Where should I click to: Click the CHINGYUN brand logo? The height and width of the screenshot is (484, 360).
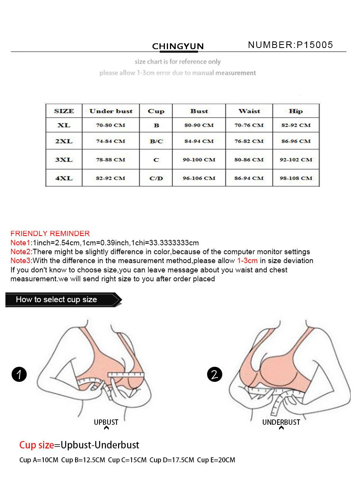[x=178, y=46]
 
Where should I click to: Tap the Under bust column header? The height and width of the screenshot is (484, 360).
[x=111, y=111]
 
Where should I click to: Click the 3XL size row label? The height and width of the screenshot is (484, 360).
[x=64, y=159]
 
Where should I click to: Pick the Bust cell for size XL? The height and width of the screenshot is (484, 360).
[x=199, y=125]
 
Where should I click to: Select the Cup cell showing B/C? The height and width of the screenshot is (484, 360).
[x=156, y=141]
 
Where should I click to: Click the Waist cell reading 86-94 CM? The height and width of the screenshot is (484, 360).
[x=249, y=178]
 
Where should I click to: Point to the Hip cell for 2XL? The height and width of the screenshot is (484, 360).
[x=296, y=141]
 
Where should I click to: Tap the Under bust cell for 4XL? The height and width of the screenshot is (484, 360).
[x=111, y=178]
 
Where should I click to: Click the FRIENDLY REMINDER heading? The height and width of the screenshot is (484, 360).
[x=50, y=234]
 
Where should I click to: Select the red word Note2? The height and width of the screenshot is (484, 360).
[x=20, y=251]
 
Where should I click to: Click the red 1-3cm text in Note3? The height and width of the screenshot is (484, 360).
[x=247, y=260]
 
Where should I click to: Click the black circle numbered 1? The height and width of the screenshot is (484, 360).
[x=19, y=375]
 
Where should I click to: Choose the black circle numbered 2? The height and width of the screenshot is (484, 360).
[x=214, y=375]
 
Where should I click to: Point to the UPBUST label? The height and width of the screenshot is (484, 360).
[x=106, y=422]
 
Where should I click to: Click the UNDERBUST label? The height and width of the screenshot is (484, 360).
[x=281, y=422]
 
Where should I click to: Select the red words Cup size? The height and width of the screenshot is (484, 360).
[x=36, y=445]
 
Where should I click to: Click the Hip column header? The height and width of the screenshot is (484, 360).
[x=296, y=111]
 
